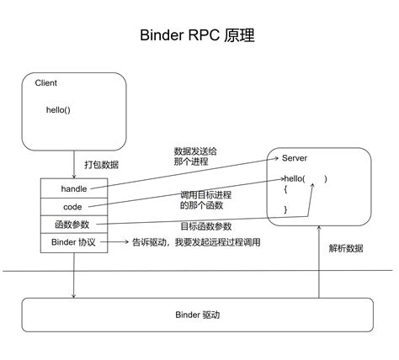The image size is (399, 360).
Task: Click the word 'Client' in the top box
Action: [x=46, y=84]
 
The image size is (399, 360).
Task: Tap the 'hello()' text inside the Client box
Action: [x=59, y=110]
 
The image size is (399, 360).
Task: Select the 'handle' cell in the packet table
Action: [x=74, y=188]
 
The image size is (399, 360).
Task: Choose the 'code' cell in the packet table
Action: [x=73, y=207]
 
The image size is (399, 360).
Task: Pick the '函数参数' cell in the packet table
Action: [x=73, y=225]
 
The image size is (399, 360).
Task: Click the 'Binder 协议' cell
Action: [x=73, y=242]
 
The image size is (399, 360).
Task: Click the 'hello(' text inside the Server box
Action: [x=295, y=179]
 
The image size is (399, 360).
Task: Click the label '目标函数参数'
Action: [x=207, y=226]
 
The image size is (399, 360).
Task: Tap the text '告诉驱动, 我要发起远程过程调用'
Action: [x=194, y=243]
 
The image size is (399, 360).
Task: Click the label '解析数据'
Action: [x=346, y=248]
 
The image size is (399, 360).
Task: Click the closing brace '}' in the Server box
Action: [x=285, y=209]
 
